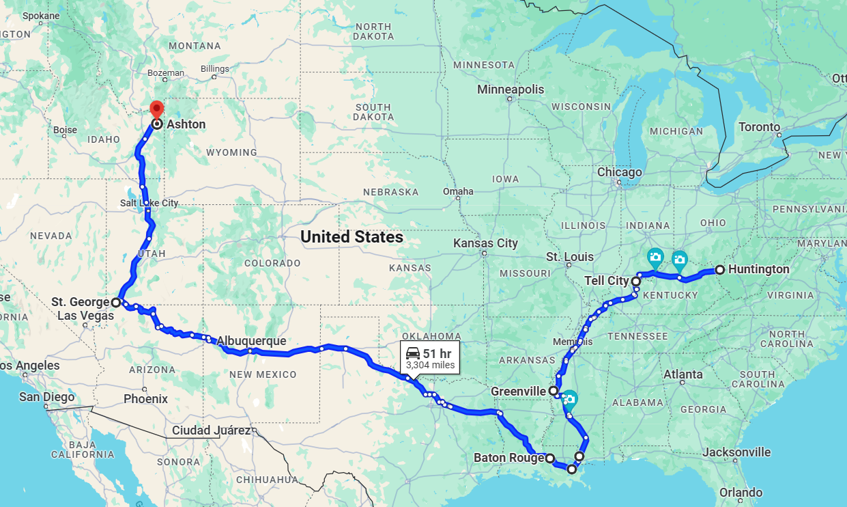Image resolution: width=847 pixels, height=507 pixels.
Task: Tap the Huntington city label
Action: click(x=758, y=269)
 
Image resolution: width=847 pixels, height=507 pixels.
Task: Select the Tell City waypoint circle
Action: click(x=635, y=281)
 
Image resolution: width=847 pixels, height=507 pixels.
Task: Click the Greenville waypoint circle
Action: click(x=554, y=391)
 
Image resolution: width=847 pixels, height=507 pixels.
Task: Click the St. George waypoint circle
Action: click(x=116, y=301)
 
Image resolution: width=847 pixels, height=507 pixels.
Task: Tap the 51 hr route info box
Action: click(x=429, y=358)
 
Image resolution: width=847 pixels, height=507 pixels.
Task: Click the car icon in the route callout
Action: click(x=413, y=353)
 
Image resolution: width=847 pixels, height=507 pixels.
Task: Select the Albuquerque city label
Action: click(x=251, y=340)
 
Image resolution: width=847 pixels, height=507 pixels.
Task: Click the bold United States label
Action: click(x=351, y=237)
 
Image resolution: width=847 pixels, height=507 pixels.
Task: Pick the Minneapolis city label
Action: click(x=511, y=90)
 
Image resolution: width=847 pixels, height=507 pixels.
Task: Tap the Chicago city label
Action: click(x=619, y=172)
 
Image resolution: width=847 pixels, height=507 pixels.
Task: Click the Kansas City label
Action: click(x=485, y=243)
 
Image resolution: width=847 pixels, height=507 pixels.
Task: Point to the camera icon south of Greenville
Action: click(x=569, y=398)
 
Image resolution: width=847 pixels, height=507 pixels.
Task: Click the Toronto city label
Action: click(x=759, y=127)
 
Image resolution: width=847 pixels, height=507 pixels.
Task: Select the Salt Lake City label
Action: click(x=149, y=203)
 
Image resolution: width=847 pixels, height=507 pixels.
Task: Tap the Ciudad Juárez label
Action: click(x=211, y=430)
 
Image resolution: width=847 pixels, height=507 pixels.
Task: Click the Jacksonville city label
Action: click(x=736, y=452)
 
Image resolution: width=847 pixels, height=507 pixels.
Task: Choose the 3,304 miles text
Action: click(x=429, y=366)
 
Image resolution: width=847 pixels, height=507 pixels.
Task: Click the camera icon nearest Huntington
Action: click(x=679, y=259)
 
